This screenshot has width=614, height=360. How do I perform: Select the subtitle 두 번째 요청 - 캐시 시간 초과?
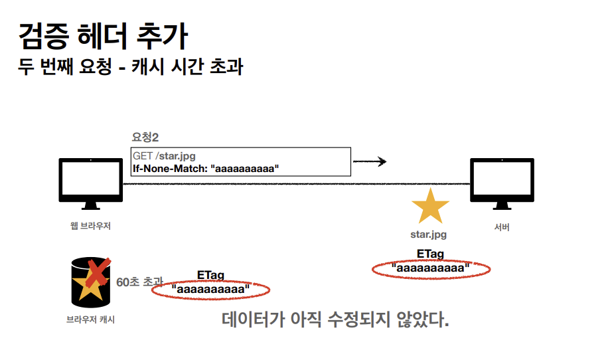(x=130, y=67)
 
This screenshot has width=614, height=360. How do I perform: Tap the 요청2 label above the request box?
(x=145, y=137)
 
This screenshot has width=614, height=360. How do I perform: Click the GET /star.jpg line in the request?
(x=164, y=156)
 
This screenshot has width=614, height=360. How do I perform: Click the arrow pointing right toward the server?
(x=370, y=161)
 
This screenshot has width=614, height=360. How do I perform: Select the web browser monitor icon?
(x=90, y=180)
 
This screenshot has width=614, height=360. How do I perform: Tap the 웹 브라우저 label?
(x=90, y=226)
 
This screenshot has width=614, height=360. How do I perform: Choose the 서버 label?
(x=502, y=227)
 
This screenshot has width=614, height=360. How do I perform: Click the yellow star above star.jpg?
(x=429, y=206)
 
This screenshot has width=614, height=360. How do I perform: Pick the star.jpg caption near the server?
(x=429, y=234)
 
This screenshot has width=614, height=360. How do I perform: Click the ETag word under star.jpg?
(x=430, y=254)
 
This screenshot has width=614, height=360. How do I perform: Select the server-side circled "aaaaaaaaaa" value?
(x=431, y=268)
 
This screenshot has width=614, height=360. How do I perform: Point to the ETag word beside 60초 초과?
(x=210, y=274)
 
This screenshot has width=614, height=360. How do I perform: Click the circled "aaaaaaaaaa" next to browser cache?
(x=211, y=290)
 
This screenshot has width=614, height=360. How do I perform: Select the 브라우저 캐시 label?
(x=91, y=319)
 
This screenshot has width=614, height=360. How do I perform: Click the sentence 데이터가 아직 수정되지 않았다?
(x=335, y=319)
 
